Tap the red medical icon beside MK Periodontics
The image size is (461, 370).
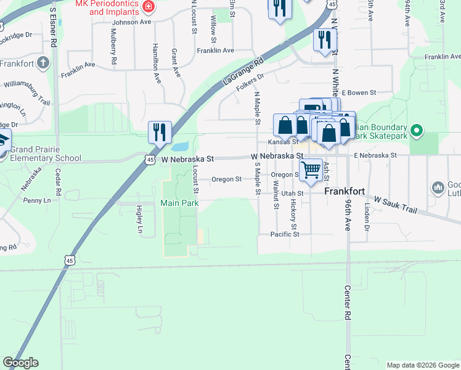click(149, 7)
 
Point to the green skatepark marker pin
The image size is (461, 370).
click(417, 130)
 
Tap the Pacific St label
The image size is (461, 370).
click(285, 234)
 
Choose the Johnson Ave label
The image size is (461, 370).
click(131, 22)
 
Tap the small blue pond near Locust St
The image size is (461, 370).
click(180, 147)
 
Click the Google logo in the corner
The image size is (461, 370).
click(20, 363)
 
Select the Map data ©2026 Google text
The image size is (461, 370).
click(422, 365)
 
